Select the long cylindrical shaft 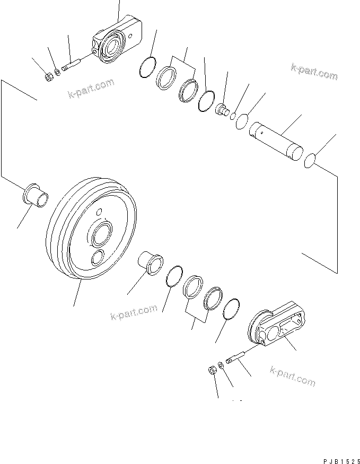276,141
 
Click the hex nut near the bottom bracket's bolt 210,370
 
